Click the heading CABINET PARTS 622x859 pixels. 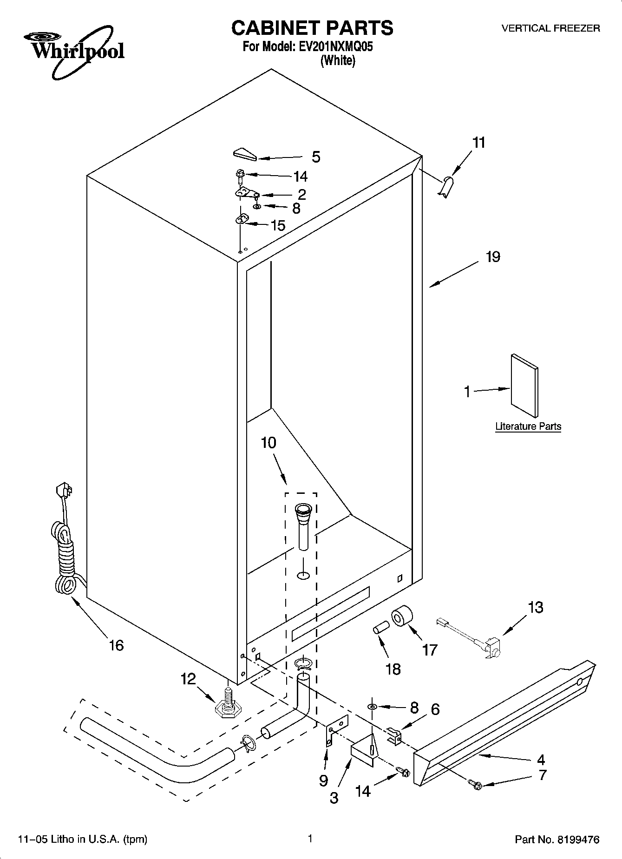pos(312,28)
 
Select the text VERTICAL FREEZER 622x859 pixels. pos(550,28)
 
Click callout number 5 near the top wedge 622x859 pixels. pos(316,157)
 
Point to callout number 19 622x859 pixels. pos(493,257)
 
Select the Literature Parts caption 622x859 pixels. pos(528,426)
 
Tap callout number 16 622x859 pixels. pos(116,645)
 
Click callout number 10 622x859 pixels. pos(268,443)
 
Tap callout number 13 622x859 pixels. pos(536,607)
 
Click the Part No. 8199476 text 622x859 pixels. pos(557,839)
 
